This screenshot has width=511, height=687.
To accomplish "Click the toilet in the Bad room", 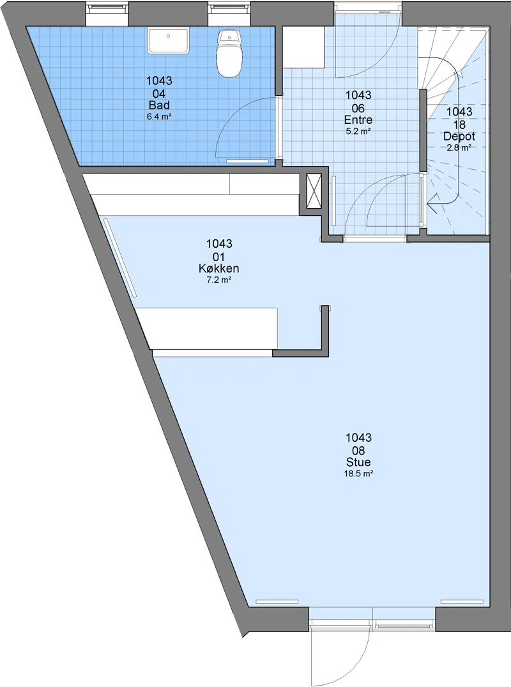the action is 229,54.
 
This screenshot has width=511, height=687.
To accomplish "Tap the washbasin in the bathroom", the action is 168,40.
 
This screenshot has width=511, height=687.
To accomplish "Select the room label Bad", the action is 159,105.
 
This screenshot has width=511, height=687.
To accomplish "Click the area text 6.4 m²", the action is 158,117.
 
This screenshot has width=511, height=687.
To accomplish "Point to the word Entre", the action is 358,119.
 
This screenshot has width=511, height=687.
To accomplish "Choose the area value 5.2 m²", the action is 358,132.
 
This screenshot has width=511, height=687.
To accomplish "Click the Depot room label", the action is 459,136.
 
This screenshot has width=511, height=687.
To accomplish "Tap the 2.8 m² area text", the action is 459,148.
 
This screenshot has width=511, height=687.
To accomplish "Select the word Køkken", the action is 218,268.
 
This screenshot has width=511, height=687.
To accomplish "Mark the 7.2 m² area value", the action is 218,280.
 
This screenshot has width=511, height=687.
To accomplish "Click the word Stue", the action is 358,462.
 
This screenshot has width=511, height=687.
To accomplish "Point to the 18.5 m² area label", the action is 358,474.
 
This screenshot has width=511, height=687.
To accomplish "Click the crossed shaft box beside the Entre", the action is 314,191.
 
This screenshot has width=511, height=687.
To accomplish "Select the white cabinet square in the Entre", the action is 303,47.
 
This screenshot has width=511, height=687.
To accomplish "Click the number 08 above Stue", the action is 358,450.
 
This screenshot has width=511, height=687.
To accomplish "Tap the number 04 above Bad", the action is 159,94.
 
